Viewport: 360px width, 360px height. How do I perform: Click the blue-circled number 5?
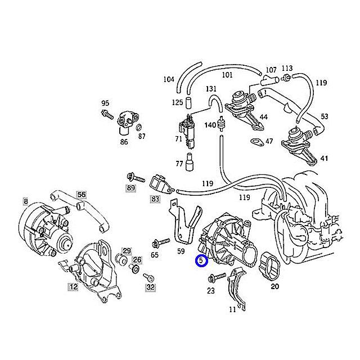tap(201, 260)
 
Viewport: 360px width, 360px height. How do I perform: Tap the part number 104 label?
tap(169, 79)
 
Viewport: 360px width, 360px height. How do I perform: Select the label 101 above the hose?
tap(227, 74)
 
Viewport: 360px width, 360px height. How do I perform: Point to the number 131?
tap(211, 89)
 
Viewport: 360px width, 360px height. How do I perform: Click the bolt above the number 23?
tap(217, 277)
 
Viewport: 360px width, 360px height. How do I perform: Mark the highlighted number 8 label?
tap(25, 201)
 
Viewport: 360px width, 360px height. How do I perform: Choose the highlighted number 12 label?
tap(73, 287)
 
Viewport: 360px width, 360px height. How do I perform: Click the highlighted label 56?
tap(82, 195)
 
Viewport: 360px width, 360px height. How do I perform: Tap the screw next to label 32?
tap(148, 277)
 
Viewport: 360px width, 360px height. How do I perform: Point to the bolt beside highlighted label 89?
tap(133, 176)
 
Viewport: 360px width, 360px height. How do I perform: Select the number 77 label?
tap(179, 164)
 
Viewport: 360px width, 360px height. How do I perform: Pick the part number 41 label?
tap(324, 159)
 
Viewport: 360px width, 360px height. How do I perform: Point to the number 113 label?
tap(287, 67)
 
